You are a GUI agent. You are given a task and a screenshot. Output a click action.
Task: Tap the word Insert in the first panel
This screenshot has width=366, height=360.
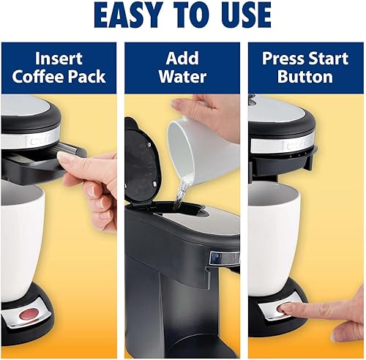(58, 59)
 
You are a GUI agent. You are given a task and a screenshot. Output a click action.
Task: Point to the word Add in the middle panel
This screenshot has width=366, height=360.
(182, 59)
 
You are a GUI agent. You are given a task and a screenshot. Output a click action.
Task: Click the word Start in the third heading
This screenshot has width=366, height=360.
(329, 59)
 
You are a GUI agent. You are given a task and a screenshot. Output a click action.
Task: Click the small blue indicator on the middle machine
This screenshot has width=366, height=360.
(215, 258)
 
